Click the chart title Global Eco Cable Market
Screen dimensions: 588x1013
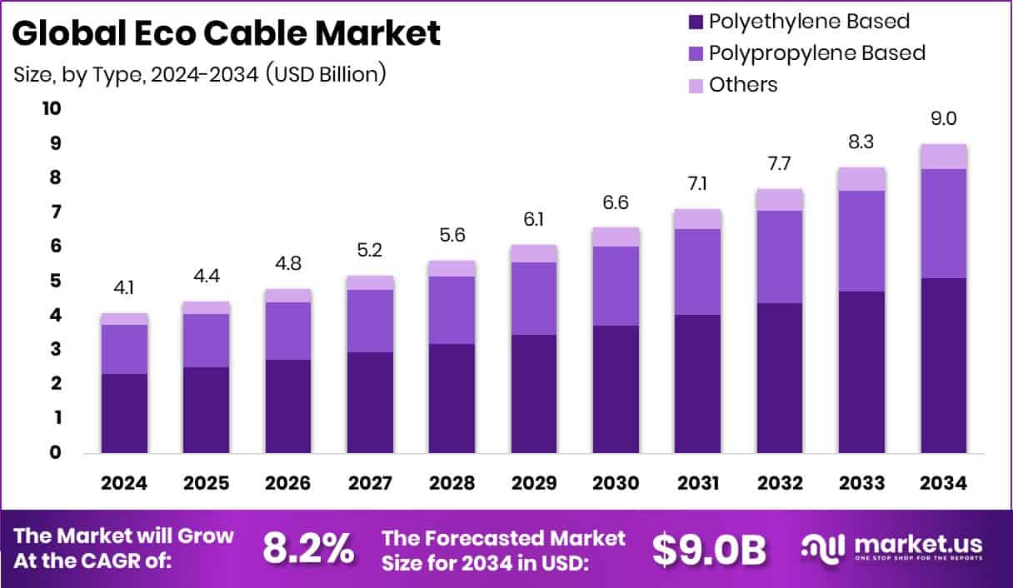tap(227, 33)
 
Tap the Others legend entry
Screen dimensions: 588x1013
tap(742, 85)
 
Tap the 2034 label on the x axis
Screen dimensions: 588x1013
tap(944, 484)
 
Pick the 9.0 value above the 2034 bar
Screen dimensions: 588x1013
tap(944, 119)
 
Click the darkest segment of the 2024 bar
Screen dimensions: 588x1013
tap(123, 413)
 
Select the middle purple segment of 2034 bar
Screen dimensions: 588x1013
tap(944, 223)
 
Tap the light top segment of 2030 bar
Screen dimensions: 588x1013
tap(616, 237)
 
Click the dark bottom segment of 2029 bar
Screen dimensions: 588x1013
tap(533, 393)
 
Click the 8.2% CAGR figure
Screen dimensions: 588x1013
tap(307, 548)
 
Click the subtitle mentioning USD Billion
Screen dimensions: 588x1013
tap(200, 73)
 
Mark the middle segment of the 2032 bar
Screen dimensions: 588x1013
tap(780, 257)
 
